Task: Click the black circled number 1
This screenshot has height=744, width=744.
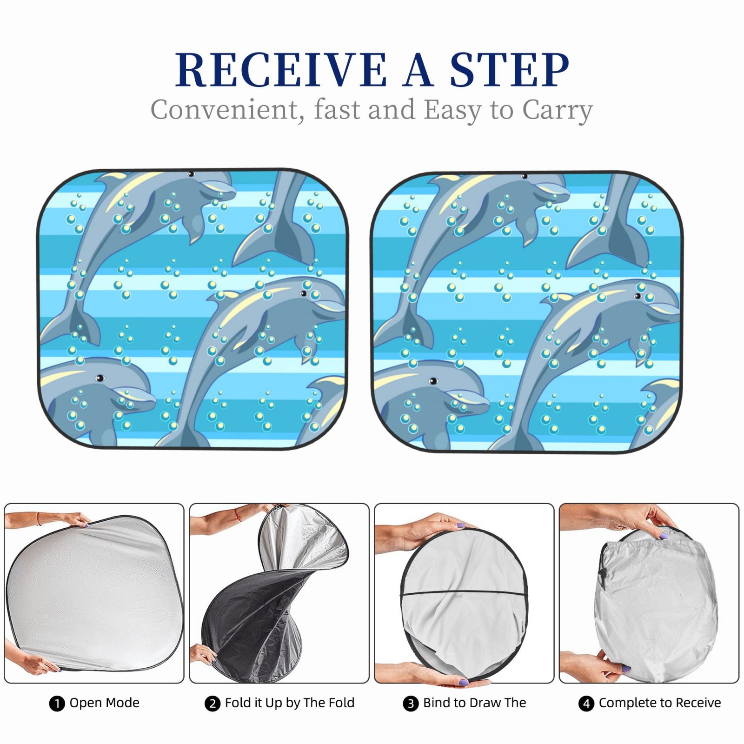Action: point(56,704)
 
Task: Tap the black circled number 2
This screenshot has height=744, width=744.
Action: point(212,704)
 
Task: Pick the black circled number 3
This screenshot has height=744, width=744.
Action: point(410,704)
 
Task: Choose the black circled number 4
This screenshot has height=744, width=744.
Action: point(586,704)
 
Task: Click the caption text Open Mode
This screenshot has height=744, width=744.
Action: point(105,703)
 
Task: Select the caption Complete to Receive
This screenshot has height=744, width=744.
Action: point(660,703)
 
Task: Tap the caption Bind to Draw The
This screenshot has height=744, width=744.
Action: point(474,703)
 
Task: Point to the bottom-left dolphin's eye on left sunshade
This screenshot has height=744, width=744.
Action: point(99,378)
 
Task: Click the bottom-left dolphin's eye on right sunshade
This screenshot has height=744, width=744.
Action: point(433,381)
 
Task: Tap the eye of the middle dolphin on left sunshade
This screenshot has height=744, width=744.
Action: point(304,293)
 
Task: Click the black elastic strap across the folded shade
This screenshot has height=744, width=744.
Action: point(464,593)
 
